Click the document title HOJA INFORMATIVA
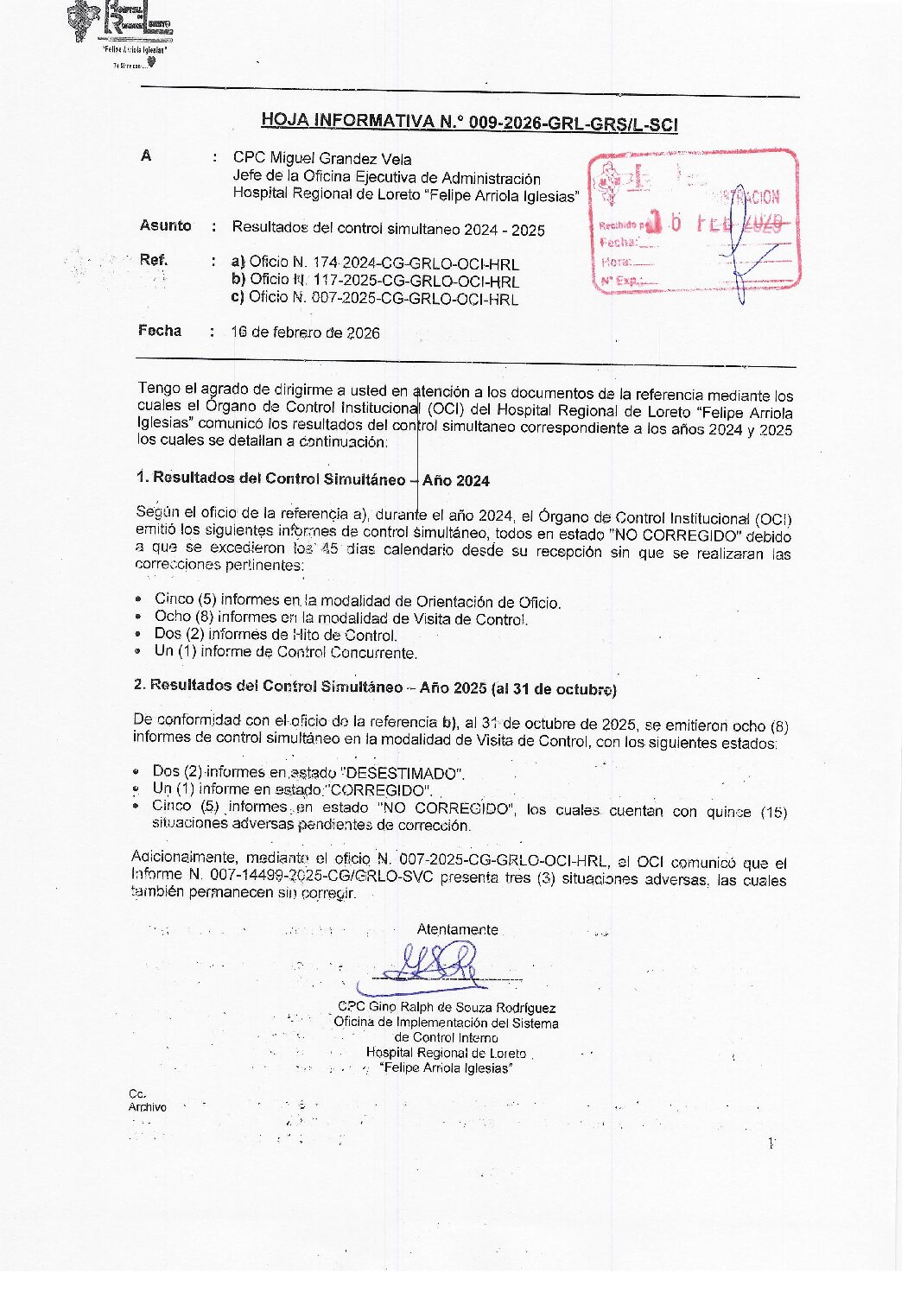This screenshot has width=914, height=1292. pyautogui.click(x=469, y=122)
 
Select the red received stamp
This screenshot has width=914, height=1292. pyautogui.click(x=694, y=222)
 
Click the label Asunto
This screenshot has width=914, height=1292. pyautogui.click(x=165, y=225)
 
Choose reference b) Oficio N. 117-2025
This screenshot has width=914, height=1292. pyautogui.click(x=375, y=281)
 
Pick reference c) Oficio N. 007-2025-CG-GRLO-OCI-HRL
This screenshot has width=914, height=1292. pyautogui.click(x=375, y=299)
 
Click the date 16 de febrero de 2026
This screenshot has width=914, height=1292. pyautogui.click(x=305, y=332)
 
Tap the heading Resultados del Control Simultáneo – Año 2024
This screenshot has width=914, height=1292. pyautogui.click(x=313, y=479)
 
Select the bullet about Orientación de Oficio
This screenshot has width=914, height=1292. pyautogui.click(x=357, y=601)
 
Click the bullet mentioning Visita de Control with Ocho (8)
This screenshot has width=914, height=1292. pyautogui.click(x=341, y=618)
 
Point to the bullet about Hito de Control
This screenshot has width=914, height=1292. pyautogui.click(x=276, y=635)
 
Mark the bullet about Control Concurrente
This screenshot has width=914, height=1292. pyautogui.click(x=285, y=652)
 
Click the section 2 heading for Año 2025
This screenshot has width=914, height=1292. pyautogui.click(x=375, y=688)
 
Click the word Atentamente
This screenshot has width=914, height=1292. pyautogui.click(x=457, y=929)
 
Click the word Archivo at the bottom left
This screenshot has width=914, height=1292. pyautogui.click(x=148, y=1107)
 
